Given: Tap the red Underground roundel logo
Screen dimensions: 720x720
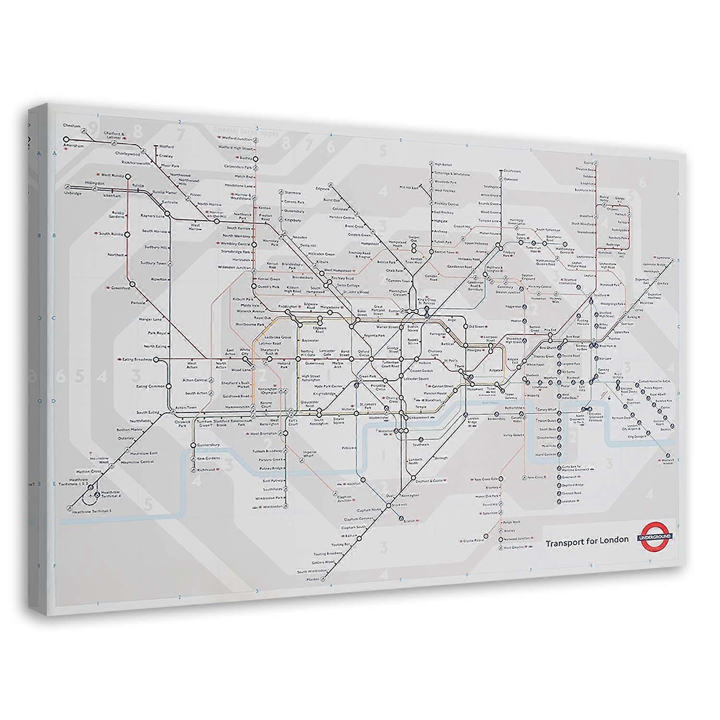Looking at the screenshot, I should [x=655, y=536].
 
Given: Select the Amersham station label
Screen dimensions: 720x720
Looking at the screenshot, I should [x=74, y=145].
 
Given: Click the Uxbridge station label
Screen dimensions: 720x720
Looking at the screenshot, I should [x=73, y=193].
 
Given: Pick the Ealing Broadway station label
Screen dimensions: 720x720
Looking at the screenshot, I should [x=135, y=359].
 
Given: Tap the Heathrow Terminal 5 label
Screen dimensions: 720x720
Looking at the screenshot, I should [x=91, y=511].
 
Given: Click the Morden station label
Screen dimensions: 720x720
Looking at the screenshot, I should [x=312, y=579].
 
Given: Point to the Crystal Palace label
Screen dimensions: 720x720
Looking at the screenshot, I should [x=473, y=540].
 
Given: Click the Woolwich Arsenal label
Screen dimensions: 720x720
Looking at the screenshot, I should [x=668, y=461].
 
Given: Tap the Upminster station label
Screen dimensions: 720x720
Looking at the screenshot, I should [x=664, y=257].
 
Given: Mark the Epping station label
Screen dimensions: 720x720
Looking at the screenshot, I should [x=588, y=162].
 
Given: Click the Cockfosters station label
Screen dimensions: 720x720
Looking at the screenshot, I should [x=512, y=171].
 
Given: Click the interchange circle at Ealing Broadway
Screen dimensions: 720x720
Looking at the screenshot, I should [x=156, y=359].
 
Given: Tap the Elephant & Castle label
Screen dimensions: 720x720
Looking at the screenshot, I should [x=429, y=480].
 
